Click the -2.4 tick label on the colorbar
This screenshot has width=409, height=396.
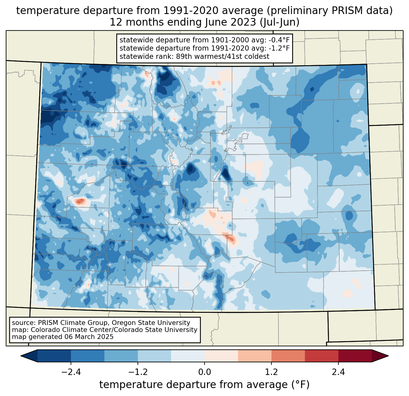pos(71,372)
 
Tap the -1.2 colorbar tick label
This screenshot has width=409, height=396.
pos(138,372)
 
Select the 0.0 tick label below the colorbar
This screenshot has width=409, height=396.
pos(204,372)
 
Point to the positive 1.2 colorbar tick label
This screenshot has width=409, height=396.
pos(271,372)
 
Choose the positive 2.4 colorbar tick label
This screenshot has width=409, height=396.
pos(338,372)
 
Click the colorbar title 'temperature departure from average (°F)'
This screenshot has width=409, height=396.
pos(204,385)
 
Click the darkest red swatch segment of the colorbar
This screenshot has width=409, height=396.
pos(355,356)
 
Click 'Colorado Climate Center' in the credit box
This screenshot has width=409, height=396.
pos(67,330)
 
